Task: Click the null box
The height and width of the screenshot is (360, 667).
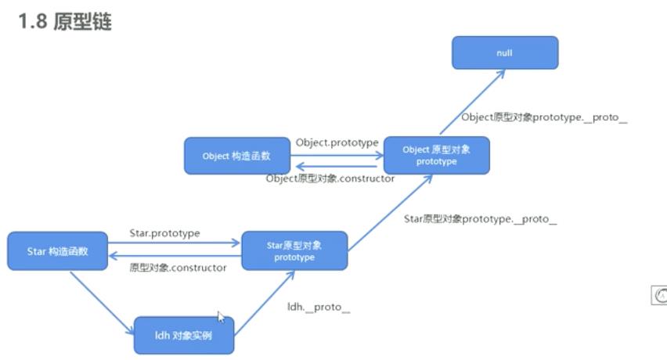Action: (505, 52)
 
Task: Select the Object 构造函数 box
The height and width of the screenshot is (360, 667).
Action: (236, 156)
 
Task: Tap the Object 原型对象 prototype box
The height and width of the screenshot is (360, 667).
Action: (436, 155)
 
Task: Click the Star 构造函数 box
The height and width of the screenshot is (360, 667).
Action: (57, 251)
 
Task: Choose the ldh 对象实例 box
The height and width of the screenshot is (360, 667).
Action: (183, 336)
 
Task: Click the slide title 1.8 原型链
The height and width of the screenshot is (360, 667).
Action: (65, 21)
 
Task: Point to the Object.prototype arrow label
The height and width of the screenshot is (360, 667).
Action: (337, 142)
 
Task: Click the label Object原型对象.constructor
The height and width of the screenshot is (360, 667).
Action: (330, 178)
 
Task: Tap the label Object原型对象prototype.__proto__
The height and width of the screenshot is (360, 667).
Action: (544, 117)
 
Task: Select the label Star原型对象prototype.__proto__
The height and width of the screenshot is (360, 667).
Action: (480, 219)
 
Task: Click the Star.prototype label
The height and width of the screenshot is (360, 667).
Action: (164, 233)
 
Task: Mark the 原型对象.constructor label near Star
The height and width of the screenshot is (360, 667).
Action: (178, 268)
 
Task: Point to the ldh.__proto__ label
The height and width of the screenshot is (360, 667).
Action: (319, 307)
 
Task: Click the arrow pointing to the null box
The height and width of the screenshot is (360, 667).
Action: (471, 102)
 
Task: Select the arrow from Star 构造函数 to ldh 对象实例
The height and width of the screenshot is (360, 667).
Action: (102, 302)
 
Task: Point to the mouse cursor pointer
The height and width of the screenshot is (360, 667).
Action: (221, 317)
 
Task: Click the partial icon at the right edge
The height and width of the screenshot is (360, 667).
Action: (659, 295)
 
